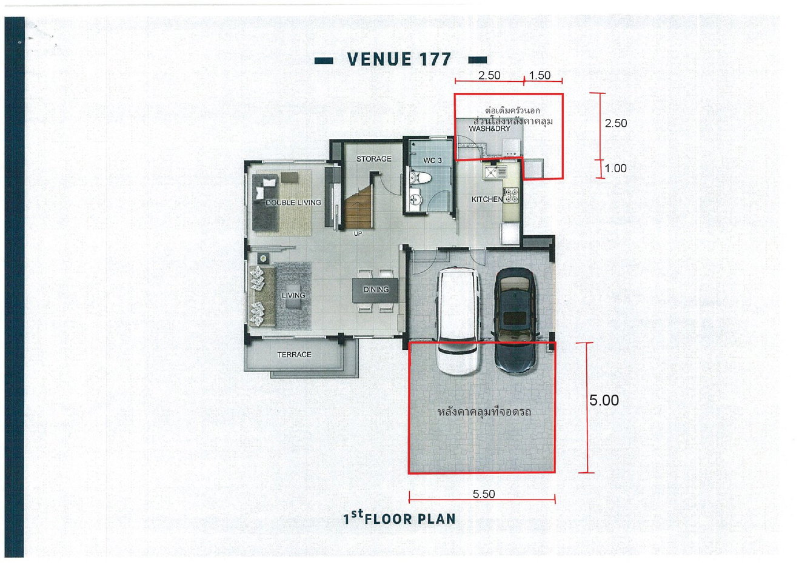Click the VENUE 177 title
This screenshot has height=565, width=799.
point(399,59)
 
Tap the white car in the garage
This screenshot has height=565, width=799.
point(458,321)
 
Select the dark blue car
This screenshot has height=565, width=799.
point(514,320)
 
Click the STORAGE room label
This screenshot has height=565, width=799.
point(374,159)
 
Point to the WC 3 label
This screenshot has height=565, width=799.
point(432,161)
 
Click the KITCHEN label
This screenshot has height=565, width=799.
point(487,199)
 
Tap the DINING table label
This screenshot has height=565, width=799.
point(376,289)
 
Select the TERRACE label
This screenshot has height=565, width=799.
point(294,355)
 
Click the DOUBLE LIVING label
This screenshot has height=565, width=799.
point(293,202)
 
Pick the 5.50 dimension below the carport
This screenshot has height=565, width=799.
point(484,494)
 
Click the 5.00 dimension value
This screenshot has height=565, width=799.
point(604,400)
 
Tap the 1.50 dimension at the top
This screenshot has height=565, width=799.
point(540,75)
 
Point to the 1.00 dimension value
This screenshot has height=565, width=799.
point(616,168)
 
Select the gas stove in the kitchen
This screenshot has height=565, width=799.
point(511,195)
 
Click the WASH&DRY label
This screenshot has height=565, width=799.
point(489,129)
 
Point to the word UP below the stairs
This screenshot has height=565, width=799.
point(358,233)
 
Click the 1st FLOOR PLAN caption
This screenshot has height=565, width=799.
point(399,518)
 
